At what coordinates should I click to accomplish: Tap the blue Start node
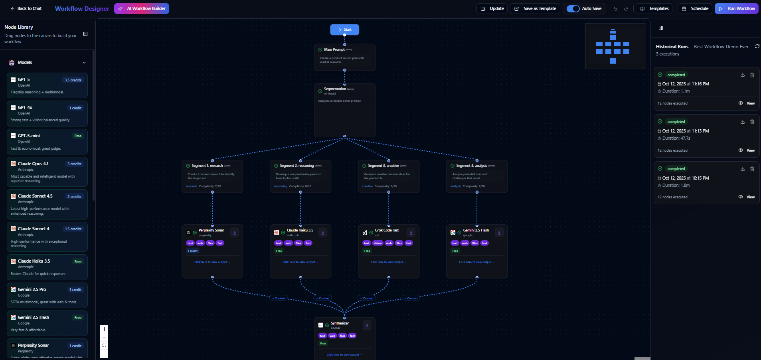tap(344, 30)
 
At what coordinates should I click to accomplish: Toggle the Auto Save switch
tap(573, 8)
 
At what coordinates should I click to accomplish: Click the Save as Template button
tap(536, 8)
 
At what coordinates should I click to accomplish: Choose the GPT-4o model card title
tap(25, 107)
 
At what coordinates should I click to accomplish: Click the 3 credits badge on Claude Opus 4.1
tap(74, 164)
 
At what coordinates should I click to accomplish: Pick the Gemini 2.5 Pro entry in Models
tap(32, 289)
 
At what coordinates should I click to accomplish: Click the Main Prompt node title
tap(334, 49)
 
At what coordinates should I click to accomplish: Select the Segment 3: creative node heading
tap(383, 166)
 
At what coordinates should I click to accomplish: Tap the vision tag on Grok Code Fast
tap(378, 243)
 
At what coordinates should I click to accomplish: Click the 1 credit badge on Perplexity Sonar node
tap(193, 251)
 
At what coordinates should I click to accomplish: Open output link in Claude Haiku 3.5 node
tap(300, 262)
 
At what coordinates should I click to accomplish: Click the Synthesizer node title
tap(340, 323)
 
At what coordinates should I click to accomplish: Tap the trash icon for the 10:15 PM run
tap(752, 169)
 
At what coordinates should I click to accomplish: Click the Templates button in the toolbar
tap(654, 8)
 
